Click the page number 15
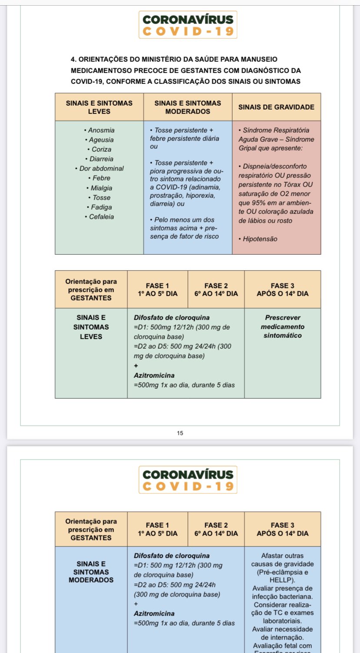180,433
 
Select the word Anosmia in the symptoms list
101,130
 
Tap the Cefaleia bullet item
101,217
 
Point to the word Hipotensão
260,239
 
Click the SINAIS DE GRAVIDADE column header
276,107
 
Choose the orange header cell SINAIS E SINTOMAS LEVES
99,107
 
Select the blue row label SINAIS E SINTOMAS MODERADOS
91,572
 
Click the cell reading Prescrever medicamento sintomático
283,326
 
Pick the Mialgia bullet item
101,188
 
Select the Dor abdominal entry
101,168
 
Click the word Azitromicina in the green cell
154,375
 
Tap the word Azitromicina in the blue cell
154,613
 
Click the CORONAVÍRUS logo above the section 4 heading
188,25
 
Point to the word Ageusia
101,140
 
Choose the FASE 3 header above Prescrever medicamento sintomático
282,290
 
